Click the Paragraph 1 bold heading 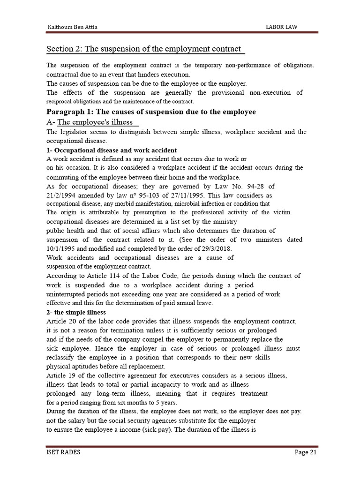pos(151,112)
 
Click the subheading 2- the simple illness pos(76,312)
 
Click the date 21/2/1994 pos(63,195)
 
